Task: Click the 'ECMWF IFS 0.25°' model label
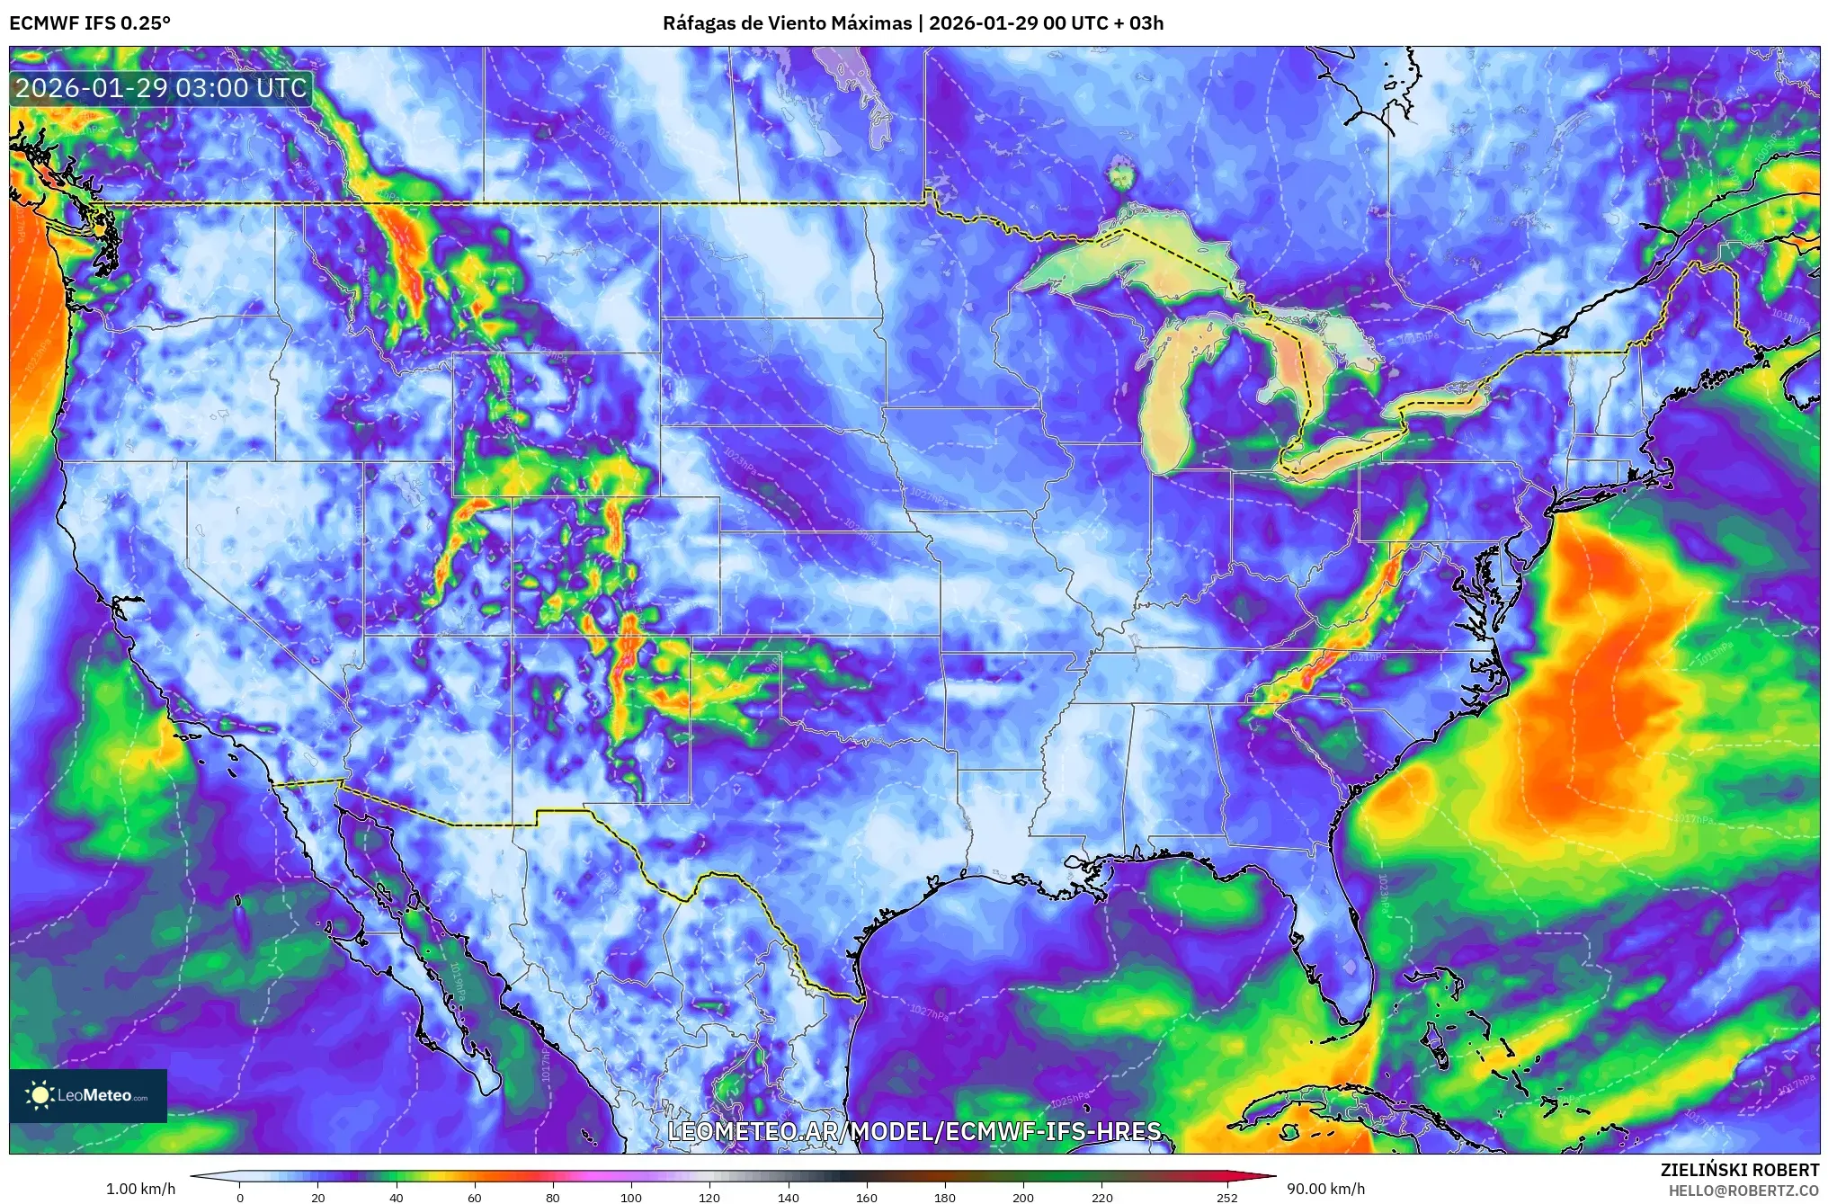90,23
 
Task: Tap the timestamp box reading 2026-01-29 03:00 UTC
161,88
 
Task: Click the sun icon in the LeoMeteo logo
40,1095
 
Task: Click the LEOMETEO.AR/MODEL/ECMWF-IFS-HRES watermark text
914,1131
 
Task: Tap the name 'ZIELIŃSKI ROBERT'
1739,1170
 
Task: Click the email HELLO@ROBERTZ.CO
1743,1191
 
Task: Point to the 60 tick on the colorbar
475,1198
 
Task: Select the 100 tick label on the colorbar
631,1198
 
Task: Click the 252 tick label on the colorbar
1227,1198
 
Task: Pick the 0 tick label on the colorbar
240,1198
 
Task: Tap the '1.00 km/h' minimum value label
141,1189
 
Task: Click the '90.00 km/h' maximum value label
1325,1189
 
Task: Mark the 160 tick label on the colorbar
867,1198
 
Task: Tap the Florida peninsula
1340,953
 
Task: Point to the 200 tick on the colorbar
1023,1198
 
